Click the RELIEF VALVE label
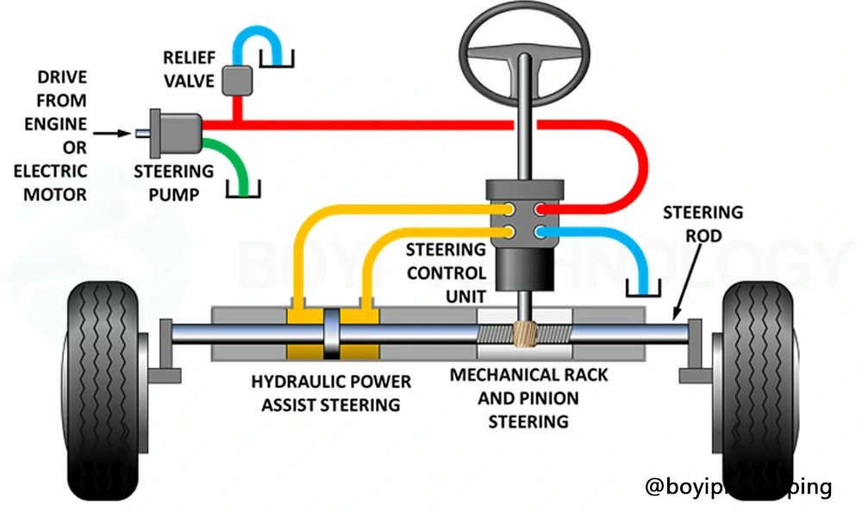[x=191, y=69]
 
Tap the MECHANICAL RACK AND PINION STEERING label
[x=528, y=398]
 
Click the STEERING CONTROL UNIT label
[x=446, y=273]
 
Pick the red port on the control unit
[x=540, y=209]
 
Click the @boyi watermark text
[x=738, y=487]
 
